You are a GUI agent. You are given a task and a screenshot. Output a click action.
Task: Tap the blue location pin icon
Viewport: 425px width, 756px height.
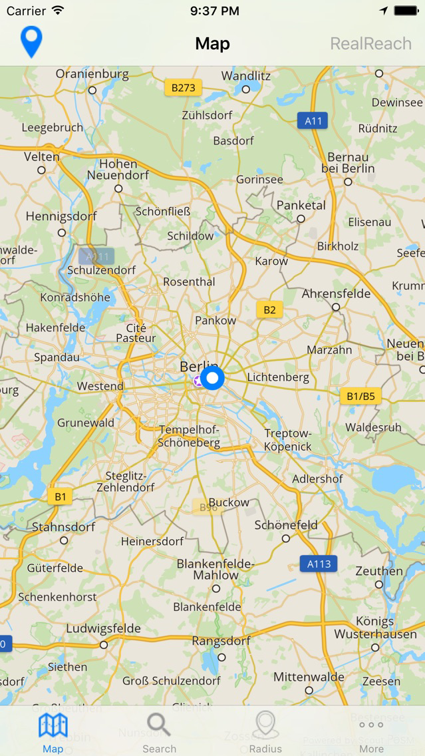coord(31,42)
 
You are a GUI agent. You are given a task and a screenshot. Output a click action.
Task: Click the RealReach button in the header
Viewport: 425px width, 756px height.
coord(370,44)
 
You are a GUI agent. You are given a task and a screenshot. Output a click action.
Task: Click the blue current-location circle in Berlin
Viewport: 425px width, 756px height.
coord(212,379)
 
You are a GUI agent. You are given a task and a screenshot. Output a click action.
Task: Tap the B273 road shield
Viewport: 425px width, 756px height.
coord(183,87)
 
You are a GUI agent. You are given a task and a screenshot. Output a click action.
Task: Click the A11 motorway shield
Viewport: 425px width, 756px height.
coord(313,120)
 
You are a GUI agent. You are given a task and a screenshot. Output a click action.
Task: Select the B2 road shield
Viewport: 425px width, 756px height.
coord(269,309)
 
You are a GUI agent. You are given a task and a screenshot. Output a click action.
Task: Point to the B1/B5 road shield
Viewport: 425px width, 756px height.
coord(360,396)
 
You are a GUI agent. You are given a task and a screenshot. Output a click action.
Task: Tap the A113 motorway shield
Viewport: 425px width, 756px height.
coord(319,564)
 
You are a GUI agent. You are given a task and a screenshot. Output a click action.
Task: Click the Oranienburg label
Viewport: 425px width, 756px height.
coord(92,74)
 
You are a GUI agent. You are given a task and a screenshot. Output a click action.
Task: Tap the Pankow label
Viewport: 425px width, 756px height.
coord(215,320)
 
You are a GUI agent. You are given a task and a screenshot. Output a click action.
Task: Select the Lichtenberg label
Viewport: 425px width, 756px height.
coord(278,377)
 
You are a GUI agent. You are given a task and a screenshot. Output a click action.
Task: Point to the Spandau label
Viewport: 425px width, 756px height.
coord(57,357)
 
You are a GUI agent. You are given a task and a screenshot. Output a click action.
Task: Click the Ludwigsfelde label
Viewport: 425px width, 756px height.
coord(103,628)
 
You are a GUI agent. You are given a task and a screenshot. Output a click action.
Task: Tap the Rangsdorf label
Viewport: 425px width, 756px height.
coord(221,641)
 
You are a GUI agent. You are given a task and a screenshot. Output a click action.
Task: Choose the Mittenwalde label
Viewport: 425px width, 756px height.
coord(309,677)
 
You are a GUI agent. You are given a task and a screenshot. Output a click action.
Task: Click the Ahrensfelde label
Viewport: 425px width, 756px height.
coord(336,293)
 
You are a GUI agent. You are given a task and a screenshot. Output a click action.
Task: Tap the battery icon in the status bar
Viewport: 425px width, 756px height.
coord(406,11)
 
